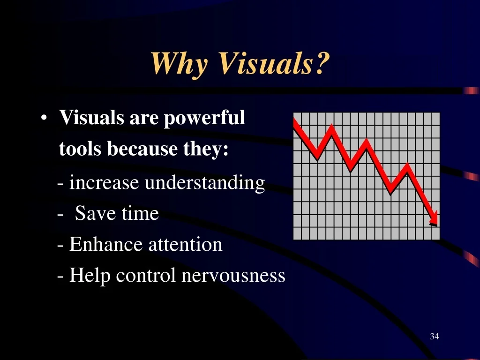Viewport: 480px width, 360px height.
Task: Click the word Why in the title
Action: coord(180,63)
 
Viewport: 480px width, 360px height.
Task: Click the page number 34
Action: coord(435,336)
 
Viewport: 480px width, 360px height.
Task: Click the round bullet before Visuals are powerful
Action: coord(44,118)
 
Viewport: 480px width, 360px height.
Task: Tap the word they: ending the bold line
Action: coord(206,150)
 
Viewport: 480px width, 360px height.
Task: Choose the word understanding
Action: coord(205,183)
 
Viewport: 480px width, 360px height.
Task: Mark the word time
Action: coord(140,213)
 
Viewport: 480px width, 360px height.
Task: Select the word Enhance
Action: coord(106,244)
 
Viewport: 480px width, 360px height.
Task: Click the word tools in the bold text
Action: coord(80,149)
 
